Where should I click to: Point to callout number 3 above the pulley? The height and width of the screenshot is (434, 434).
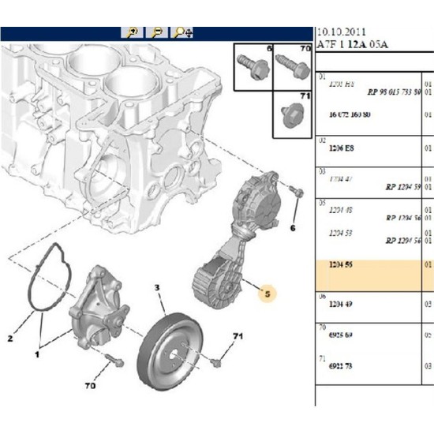point(157,287)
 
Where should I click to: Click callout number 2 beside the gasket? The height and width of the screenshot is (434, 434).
point(11,339)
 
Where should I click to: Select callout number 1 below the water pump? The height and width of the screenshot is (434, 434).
point(36,354)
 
